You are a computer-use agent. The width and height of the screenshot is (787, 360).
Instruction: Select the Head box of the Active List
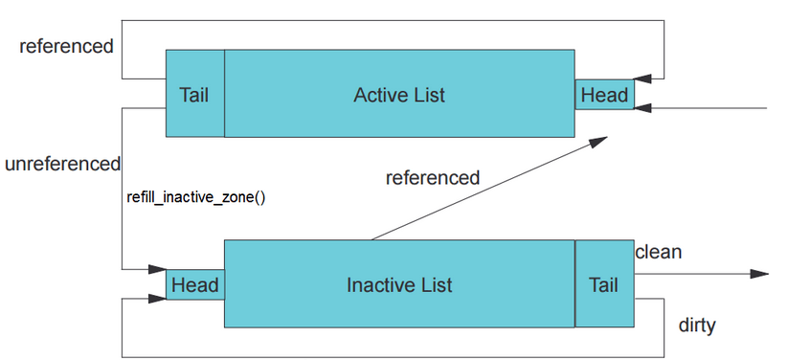(604, 95)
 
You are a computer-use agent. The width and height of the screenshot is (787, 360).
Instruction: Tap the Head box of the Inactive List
(194, 285)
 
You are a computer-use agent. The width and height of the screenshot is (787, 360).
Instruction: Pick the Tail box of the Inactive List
(603, 284)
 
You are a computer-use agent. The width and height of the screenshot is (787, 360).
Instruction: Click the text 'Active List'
(399, 95)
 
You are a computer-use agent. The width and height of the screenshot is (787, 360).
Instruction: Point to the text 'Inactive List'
(399, 284)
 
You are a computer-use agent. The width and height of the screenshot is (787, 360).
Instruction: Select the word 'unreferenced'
(62, 164)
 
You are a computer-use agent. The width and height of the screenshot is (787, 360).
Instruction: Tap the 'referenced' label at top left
(66, 46)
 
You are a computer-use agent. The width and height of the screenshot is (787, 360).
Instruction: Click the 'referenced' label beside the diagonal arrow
(432, 177)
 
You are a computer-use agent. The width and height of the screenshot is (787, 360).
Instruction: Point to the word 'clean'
(659, 252)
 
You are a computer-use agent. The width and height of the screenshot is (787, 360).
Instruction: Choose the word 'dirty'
(696, 326)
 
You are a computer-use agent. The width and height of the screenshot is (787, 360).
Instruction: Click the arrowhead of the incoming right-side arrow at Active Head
(643, 107)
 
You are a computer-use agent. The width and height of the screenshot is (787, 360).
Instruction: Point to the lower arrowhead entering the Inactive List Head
(157, 299)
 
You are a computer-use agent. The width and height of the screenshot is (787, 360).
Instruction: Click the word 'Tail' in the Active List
(194, 95)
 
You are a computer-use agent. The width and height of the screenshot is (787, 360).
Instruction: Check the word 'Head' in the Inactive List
(194, 285)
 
